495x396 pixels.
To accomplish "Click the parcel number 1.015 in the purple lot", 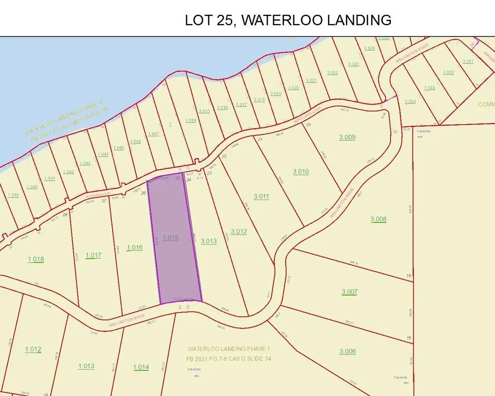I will [170, 238].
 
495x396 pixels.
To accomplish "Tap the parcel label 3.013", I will [208, 241].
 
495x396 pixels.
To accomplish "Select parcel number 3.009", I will [347, 137].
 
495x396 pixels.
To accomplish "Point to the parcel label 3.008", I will [378, 219].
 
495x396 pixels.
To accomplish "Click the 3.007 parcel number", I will [349, 292].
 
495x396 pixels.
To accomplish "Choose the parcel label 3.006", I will [347, 351].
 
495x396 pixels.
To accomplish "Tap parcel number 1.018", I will [36, 259].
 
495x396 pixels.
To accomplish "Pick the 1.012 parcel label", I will [33, 349].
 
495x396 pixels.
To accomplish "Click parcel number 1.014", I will [141, 367].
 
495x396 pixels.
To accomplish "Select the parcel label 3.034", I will [410, 101].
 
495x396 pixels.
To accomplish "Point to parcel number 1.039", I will [13, 195].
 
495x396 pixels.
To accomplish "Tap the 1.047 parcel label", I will [153, 134].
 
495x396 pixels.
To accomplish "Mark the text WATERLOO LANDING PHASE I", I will [229, 349].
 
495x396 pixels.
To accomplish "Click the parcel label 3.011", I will [261, 196].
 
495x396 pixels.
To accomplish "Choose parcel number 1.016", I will [134, 247].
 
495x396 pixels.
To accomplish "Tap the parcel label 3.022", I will [332, 73].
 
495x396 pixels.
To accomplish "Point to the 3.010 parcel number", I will [301, 171].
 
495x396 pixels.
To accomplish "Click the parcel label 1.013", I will [86, 366].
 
